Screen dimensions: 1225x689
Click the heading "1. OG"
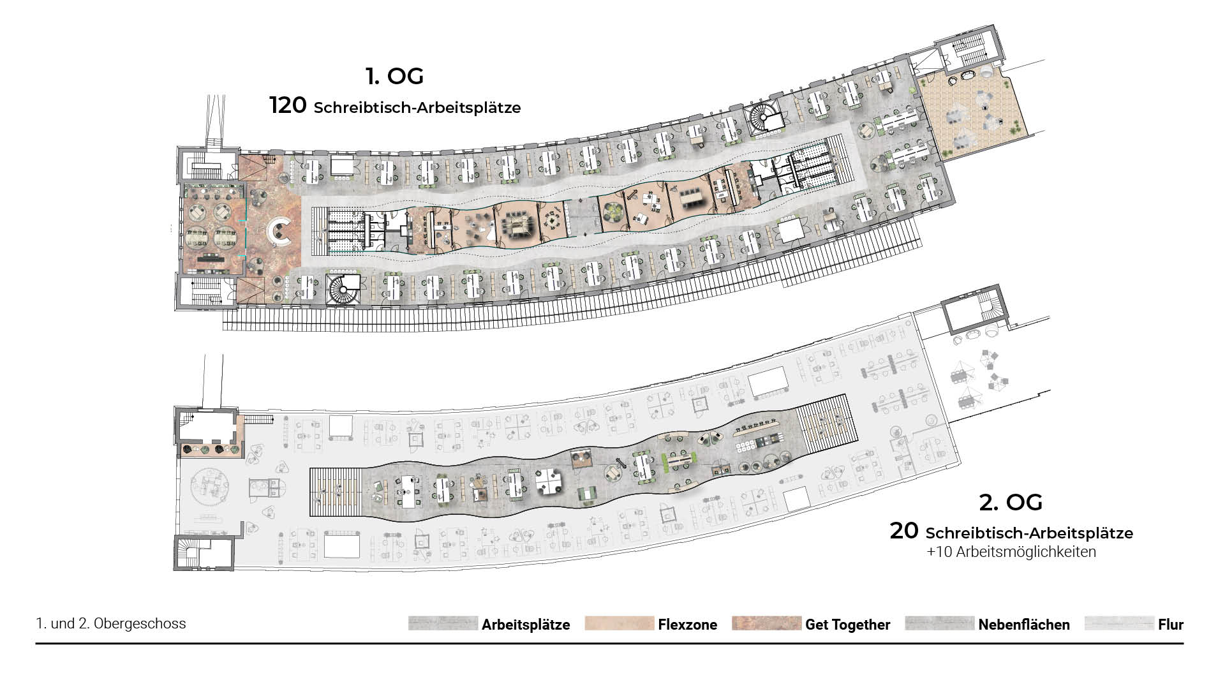[x=394, y=76]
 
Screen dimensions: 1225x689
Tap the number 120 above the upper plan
[x=288, y=105]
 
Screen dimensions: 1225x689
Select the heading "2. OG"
[x=1011, y=502]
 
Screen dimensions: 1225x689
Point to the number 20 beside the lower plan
[x=904, y=531]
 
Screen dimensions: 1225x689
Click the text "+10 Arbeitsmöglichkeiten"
[x=1011, y=552]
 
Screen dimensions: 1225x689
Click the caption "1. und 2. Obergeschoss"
[x=111, y=623]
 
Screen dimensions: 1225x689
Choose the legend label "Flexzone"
[x=687, y=625]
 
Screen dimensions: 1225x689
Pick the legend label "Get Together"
[x=847, y=625]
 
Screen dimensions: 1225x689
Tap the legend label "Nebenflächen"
[x=1024, y=625]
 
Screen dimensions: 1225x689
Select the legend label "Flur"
[x=1171, y=625]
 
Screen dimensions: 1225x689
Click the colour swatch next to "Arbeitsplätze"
[x=443, y=623]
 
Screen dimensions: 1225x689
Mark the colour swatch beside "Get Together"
[x=766, y=623]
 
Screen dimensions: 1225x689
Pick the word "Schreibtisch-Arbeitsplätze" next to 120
[x=417, y=108]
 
